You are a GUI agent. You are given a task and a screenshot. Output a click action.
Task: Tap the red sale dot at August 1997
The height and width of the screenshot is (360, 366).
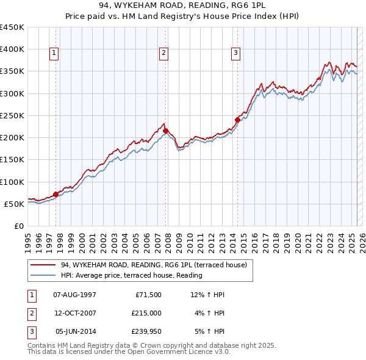pos(56,194)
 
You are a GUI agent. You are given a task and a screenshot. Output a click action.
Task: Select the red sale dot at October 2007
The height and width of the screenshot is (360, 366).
pos(165,131)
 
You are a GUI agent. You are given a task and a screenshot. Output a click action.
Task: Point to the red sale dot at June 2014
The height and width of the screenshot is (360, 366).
pos(237,120)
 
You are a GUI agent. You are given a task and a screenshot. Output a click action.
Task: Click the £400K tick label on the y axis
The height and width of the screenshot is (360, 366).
pos(12,49)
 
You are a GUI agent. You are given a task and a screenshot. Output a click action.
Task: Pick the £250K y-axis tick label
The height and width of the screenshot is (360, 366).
pos(12,115)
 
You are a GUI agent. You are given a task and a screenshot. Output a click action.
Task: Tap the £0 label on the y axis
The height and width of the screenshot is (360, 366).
pos(20,226)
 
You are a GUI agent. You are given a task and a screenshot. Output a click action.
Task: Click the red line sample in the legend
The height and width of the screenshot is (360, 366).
pos(43,265)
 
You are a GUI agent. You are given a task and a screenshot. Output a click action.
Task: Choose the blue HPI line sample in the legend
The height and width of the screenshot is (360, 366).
pos(43,275)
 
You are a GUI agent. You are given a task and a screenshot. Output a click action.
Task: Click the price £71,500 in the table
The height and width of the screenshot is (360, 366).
pos(148,295)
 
